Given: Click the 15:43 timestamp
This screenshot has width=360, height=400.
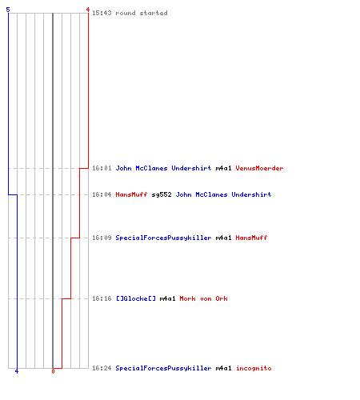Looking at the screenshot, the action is tap(102, 13).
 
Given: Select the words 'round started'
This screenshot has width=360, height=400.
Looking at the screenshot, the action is tap(142, 13).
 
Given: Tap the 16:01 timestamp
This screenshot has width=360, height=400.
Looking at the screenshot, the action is tap(102, 168).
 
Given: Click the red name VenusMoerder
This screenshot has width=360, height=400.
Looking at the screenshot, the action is tap(259, 168).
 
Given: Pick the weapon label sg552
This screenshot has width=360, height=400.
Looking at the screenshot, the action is tap(162, 194).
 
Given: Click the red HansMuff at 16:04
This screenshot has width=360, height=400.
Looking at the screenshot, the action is tap(131, 194).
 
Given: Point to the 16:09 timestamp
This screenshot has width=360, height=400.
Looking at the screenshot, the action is tap(102, 238).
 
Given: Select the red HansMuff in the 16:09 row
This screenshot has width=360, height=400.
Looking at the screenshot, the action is tap(251, 238).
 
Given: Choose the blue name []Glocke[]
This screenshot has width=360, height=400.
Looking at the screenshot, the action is tap(136, 298).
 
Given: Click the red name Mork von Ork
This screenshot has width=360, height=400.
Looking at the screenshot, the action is tap(203, 298).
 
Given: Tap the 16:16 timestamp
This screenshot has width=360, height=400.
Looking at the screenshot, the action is tap(102, 298).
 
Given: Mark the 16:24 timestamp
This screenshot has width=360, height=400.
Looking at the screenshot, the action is tap(102, 368).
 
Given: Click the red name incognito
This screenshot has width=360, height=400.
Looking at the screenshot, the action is tap(254, 368).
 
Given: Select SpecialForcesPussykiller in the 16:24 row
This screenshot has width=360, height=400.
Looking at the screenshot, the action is tap(163, 368).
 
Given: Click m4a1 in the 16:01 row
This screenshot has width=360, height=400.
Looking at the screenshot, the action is tap(223, 168).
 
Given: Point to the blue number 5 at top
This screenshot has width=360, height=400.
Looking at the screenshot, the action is tap(8, 10).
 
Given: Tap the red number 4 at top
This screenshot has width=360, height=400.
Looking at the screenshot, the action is tap(88, 10).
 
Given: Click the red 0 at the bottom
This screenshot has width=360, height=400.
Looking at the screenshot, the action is tap(53, 371).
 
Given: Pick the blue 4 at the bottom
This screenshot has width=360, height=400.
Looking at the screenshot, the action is tap(17, 371).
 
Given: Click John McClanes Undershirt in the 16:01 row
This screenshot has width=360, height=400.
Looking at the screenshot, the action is tap(163, 168).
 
